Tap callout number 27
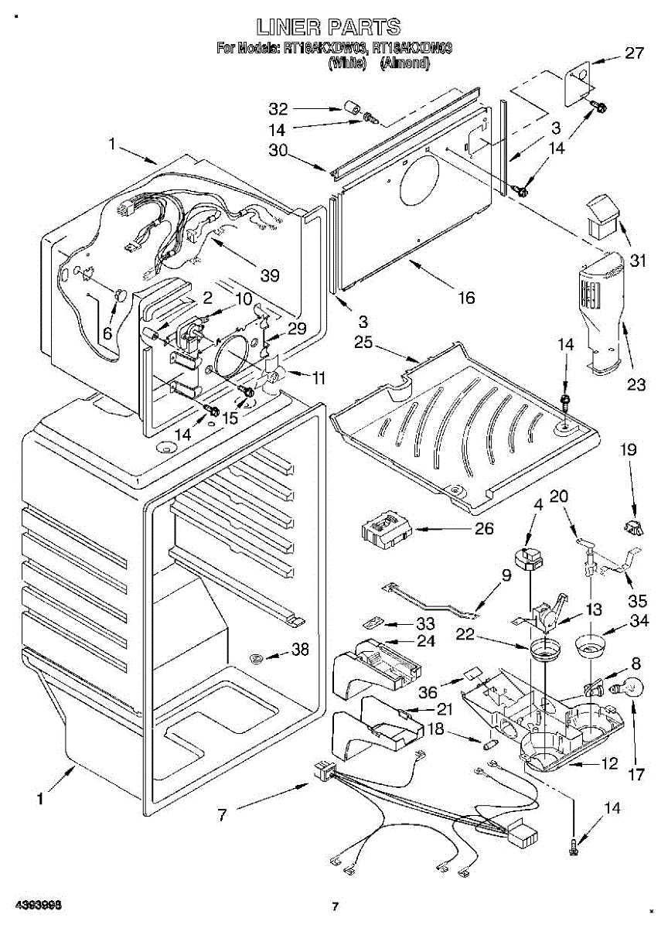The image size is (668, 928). click(633, 53)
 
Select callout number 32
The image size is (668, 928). click(278, 109)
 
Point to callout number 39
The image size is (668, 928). click(270, 274)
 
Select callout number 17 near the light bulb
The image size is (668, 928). click(636, 774)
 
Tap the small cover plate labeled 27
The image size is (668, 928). click(575, 84)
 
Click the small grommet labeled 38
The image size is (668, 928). click(257, 658)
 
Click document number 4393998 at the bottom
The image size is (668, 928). click(30, 905)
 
